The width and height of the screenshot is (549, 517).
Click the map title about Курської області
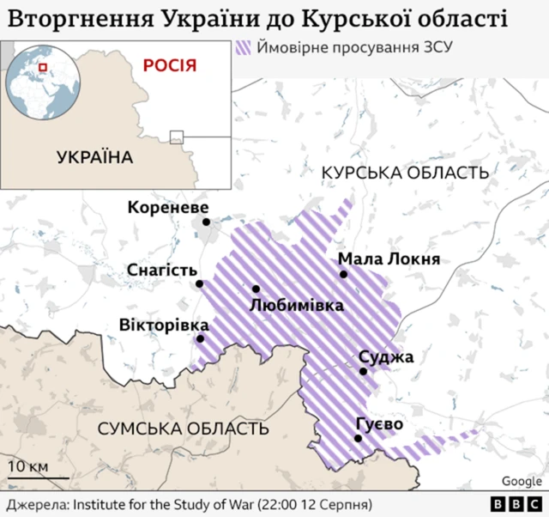[x=257, y=18]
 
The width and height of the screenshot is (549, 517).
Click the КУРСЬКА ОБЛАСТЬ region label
[x=405, y=173]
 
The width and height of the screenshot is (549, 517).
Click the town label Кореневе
[x=168, y=207]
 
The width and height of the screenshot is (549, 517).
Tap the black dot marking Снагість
[x=199, y=283]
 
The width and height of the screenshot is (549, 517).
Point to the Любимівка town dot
[x=256, y=289]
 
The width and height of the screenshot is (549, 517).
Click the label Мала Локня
[x=389, y=259]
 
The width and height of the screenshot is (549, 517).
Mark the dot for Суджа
[x=364, y=372]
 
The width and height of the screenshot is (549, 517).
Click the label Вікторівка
[x=163, y=325]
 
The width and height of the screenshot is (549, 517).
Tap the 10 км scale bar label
[x=28, y=467]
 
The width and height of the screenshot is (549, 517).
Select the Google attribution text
[x=522, y=482]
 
